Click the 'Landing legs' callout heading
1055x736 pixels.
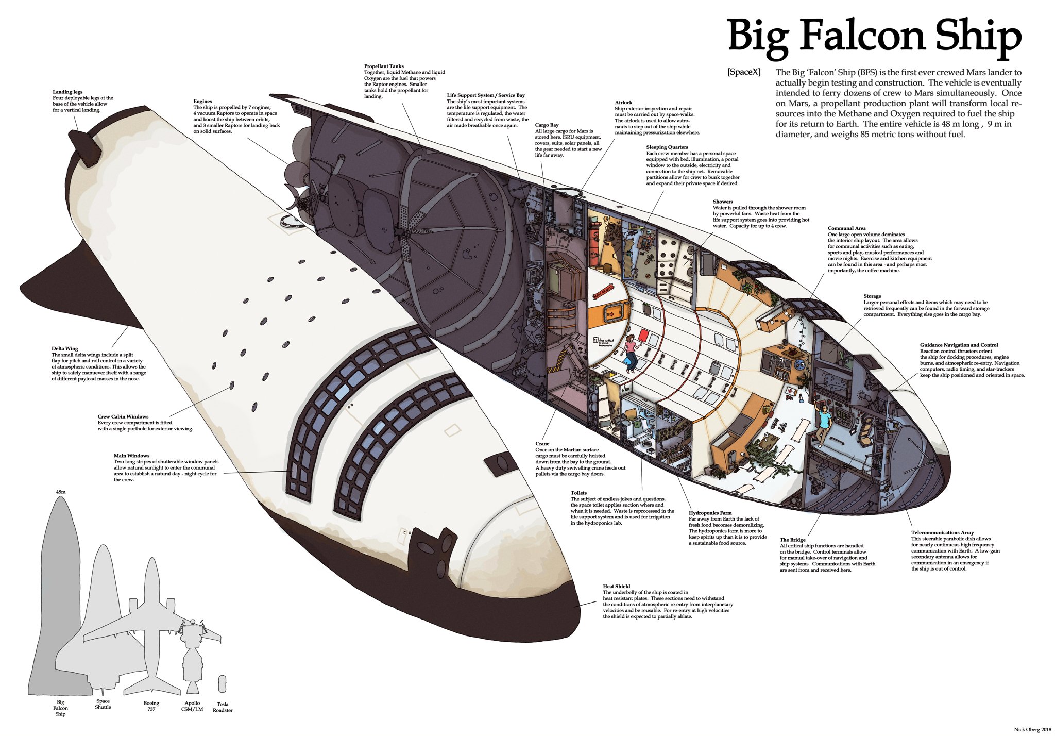(x=67, y=92)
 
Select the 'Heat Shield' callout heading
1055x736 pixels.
(x=617, y=587)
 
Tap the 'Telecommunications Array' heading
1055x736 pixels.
(x=942, y=533)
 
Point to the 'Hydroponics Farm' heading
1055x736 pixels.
(x=710, y=513)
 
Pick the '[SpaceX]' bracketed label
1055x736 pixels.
(x=744, y=73)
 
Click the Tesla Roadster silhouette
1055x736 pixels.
(x=222, y=684)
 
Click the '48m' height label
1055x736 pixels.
(x=61, y=492)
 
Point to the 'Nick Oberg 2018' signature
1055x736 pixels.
(x=1032, y=729)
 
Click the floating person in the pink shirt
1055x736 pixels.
(x=630, y=350)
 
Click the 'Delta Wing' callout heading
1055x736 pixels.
(x=65, y=349)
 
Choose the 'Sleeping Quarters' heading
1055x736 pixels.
(x=667, y=147)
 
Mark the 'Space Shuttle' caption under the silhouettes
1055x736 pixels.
(x=103, y=704)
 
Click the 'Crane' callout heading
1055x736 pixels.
(x=542, y=444)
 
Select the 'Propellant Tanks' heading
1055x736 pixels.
(x=384, y=66)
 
